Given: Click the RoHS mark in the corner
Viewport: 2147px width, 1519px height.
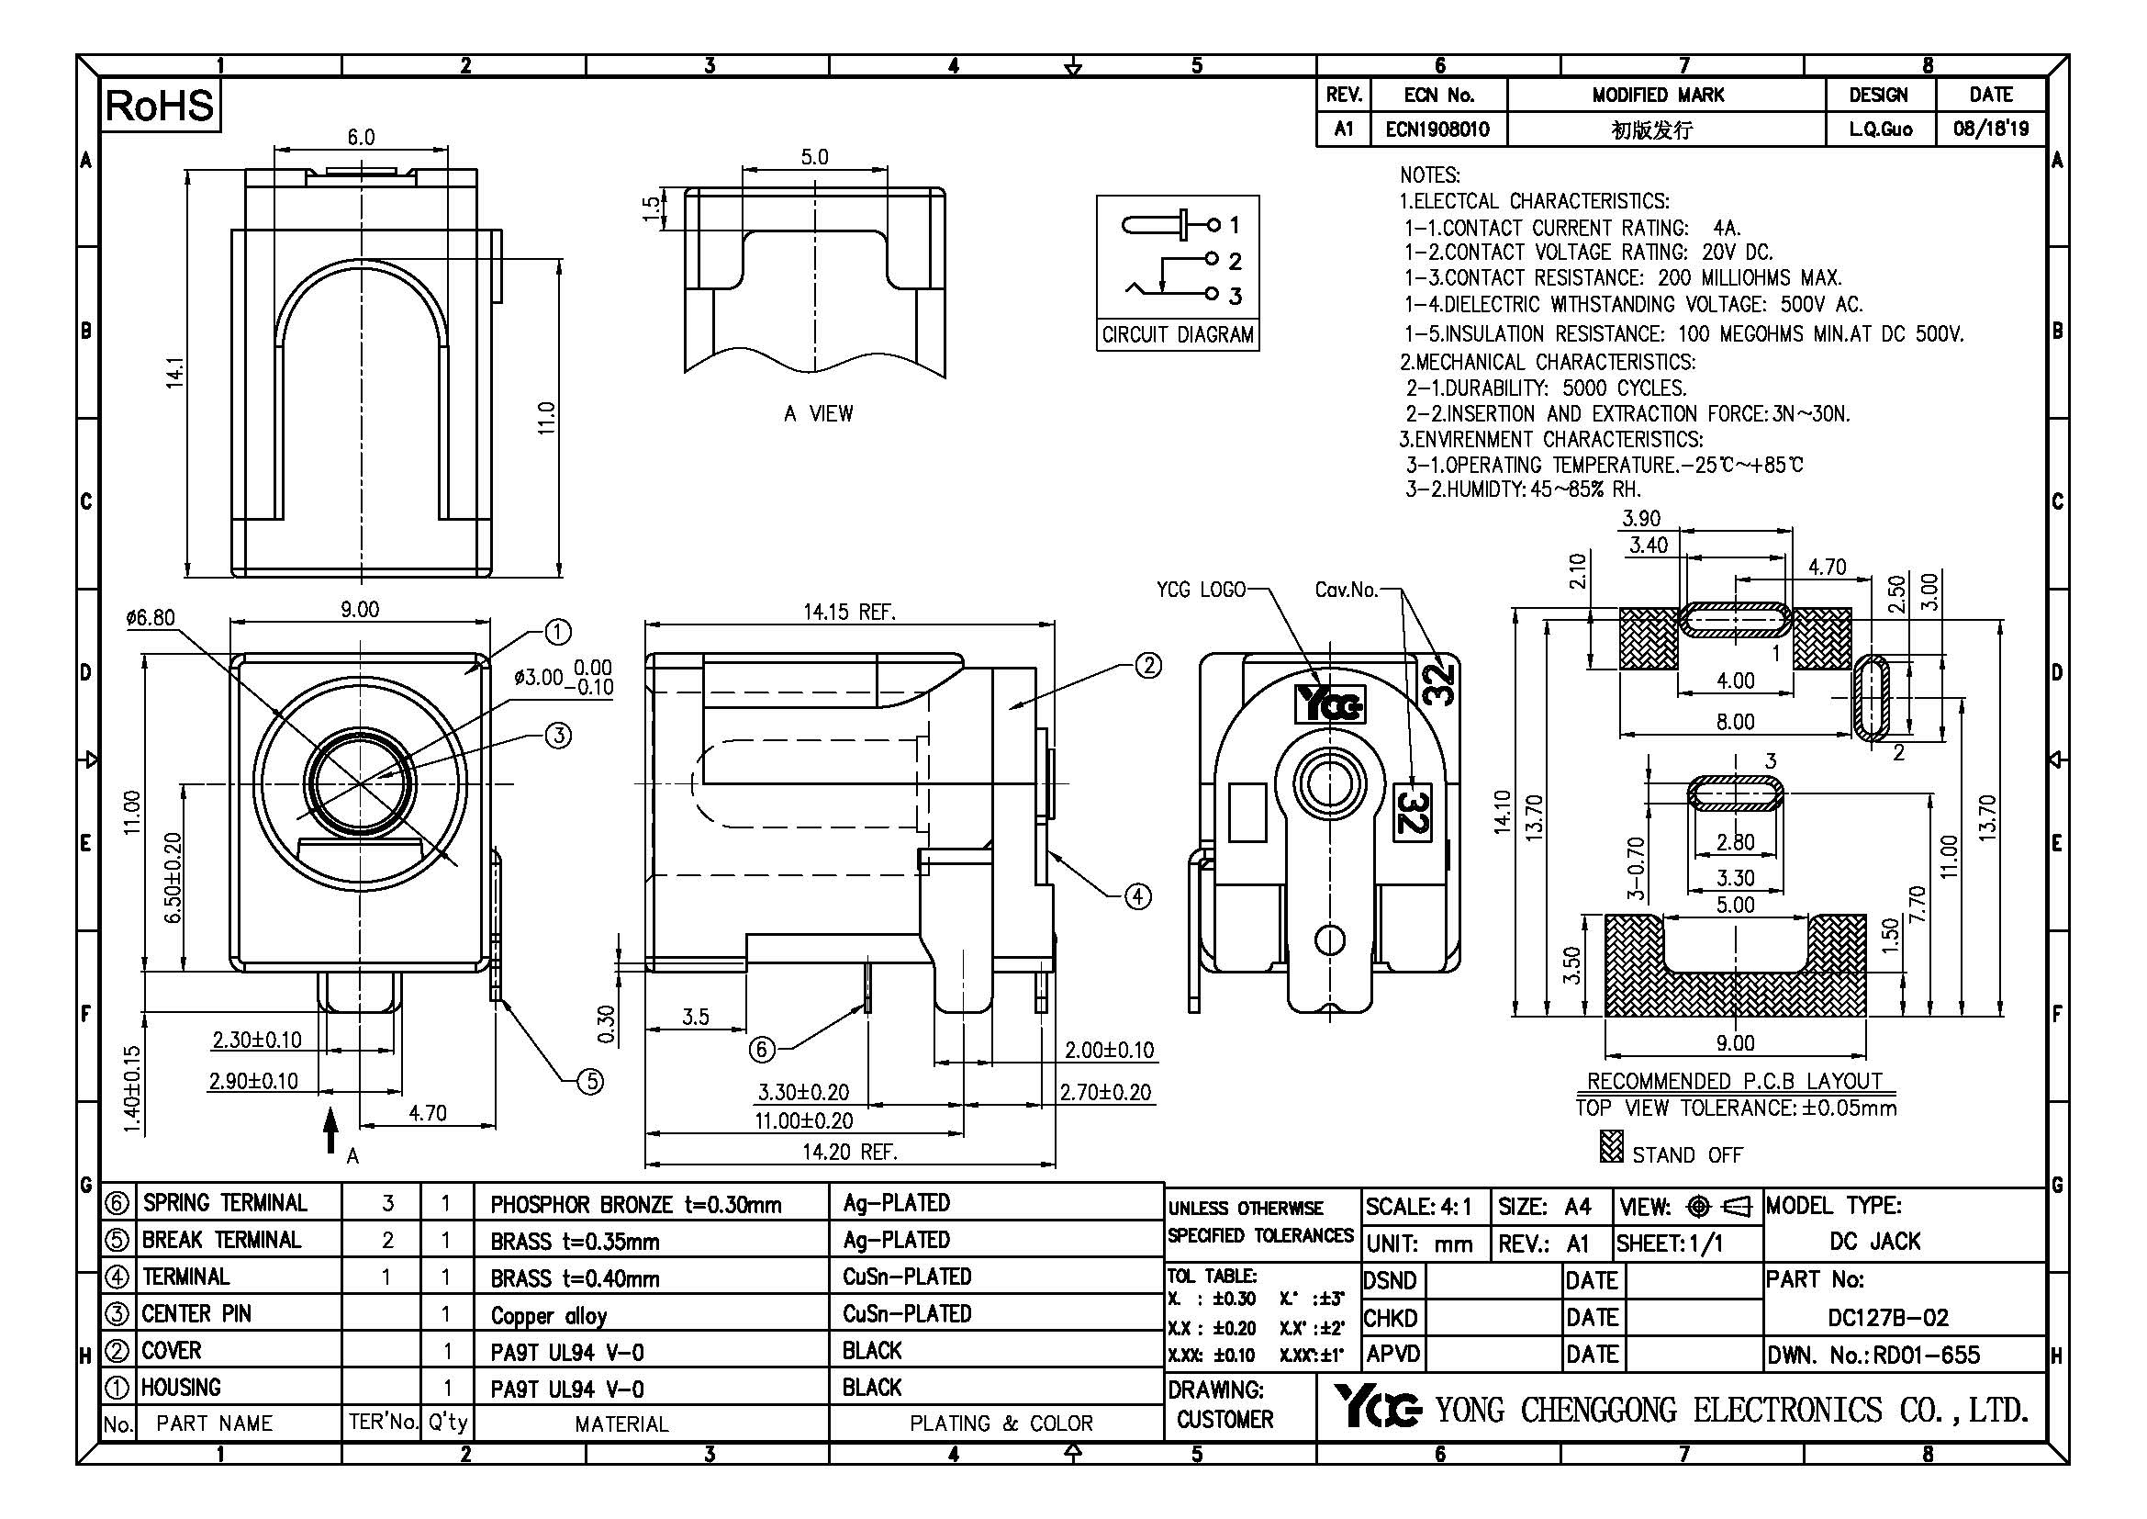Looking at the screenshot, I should pos(160,106).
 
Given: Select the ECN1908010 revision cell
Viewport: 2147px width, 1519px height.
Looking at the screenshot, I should pos(1437,129).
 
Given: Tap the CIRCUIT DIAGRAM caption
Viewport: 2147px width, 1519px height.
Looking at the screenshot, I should pos(1178,335).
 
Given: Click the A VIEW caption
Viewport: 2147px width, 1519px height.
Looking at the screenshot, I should pos(818,413).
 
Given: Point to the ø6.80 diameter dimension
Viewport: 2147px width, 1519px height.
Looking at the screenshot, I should pos(150,618).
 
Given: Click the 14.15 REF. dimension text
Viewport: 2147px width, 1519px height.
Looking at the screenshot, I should pos(849,613).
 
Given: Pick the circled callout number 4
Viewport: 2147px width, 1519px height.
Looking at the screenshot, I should pos(1137,897).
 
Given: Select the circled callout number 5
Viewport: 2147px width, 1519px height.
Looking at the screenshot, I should pos(590,1082).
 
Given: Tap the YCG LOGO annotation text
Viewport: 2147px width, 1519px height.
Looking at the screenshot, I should pos(1201,590).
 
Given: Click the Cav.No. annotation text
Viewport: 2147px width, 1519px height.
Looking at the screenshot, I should pos(1346,590).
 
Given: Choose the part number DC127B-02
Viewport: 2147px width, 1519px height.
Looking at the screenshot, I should pos(1888,1318).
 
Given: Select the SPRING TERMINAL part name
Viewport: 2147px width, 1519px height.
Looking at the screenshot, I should pos(224,1204).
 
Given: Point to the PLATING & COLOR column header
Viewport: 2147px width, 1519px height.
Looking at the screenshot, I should pos(1001,1423).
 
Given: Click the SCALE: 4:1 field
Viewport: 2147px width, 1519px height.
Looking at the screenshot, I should pos(1418,1207).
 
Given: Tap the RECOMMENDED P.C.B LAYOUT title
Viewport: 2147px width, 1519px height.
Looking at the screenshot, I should pos(1735,1081).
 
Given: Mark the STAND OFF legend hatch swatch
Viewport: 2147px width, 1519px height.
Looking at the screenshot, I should pos(1611,1148).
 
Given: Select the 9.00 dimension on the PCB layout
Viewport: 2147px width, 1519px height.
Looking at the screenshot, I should pos(1735,1043).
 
